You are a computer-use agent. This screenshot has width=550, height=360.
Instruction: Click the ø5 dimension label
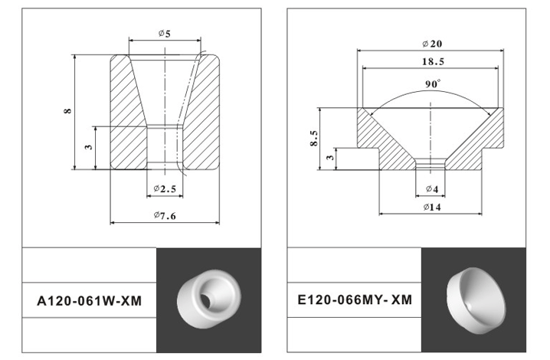pyautogui.click(x=164, y=34)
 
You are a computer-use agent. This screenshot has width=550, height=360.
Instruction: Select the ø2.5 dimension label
pyautogui.click(x=165, y=188)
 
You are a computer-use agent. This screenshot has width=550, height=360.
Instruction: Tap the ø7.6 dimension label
pyautogui.click(x=165, y=215)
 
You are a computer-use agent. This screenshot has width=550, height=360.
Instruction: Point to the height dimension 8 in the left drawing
pyautogui.click(x=67, y=110)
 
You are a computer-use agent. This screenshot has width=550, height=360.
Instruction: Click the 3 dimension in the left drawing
pyautogui.click(x=88, y=147)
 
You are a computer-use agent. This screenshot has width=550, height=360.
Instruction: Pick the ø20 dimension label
pyautogui.click(x=432, y=44)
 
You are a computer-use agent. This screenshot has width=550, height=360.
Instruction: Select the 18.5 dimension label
pyautogui.click(x=433, y=62)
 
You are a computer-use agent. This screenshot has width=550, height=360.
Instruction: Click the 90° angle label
pyautogui.click(x=433, y=84)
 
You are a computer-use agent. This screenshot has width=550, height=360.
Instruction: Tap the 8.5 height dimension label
pyautogui.click(x=314, y=138)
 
